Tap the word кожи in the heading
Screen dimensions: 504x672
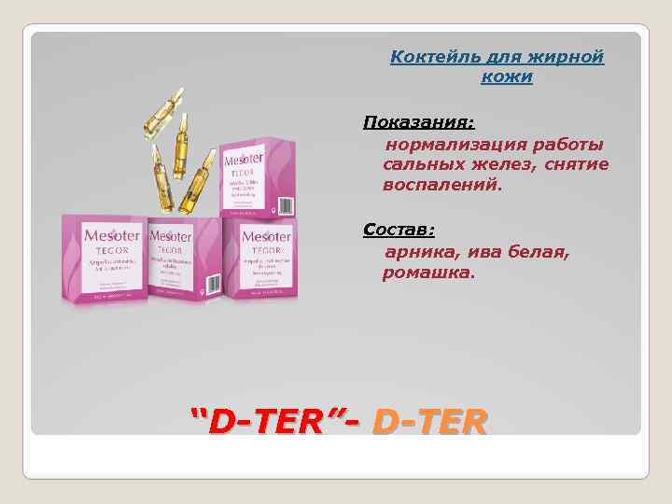[x=506, y=77]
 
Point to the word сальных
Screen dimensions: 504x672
[x=417, y=164]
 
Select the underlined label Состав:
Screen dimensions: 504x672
[x=399, y=229]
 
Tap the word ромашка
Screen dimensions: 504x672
[x=427, y=273]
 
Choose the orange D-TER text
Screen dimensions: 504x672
[x=429, y=425]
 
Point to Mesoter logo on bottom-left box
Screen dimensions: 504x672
[x=101, y=237]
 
